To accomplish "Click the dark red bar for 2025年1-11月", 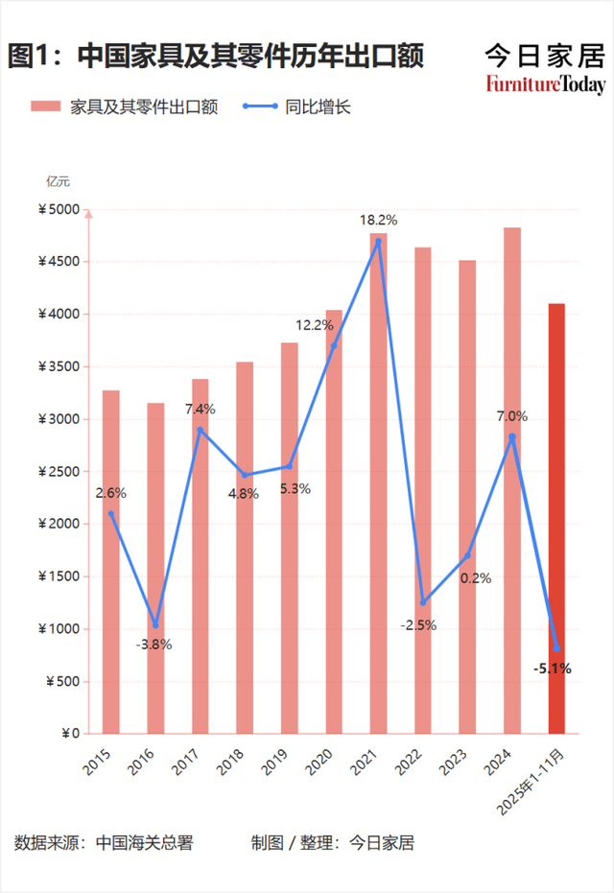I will (556, 518).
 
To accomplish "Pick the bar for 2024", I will (512, 480).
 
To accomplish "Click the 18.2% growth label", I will (378, 221).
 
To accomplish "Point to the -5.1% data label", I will (553, 669).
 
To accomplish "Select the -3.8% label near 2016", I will (153, 645).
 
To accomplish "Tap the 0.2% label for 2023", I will (476, 578).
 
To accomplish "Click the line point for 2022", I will (423, 602).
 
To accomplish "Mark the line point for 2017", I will (200, 430).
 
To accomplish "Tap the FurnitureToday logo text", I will (545, 84).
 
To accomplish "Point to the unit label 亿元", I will (58, 180).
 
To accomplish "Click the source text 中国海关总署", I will (144, 843).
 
